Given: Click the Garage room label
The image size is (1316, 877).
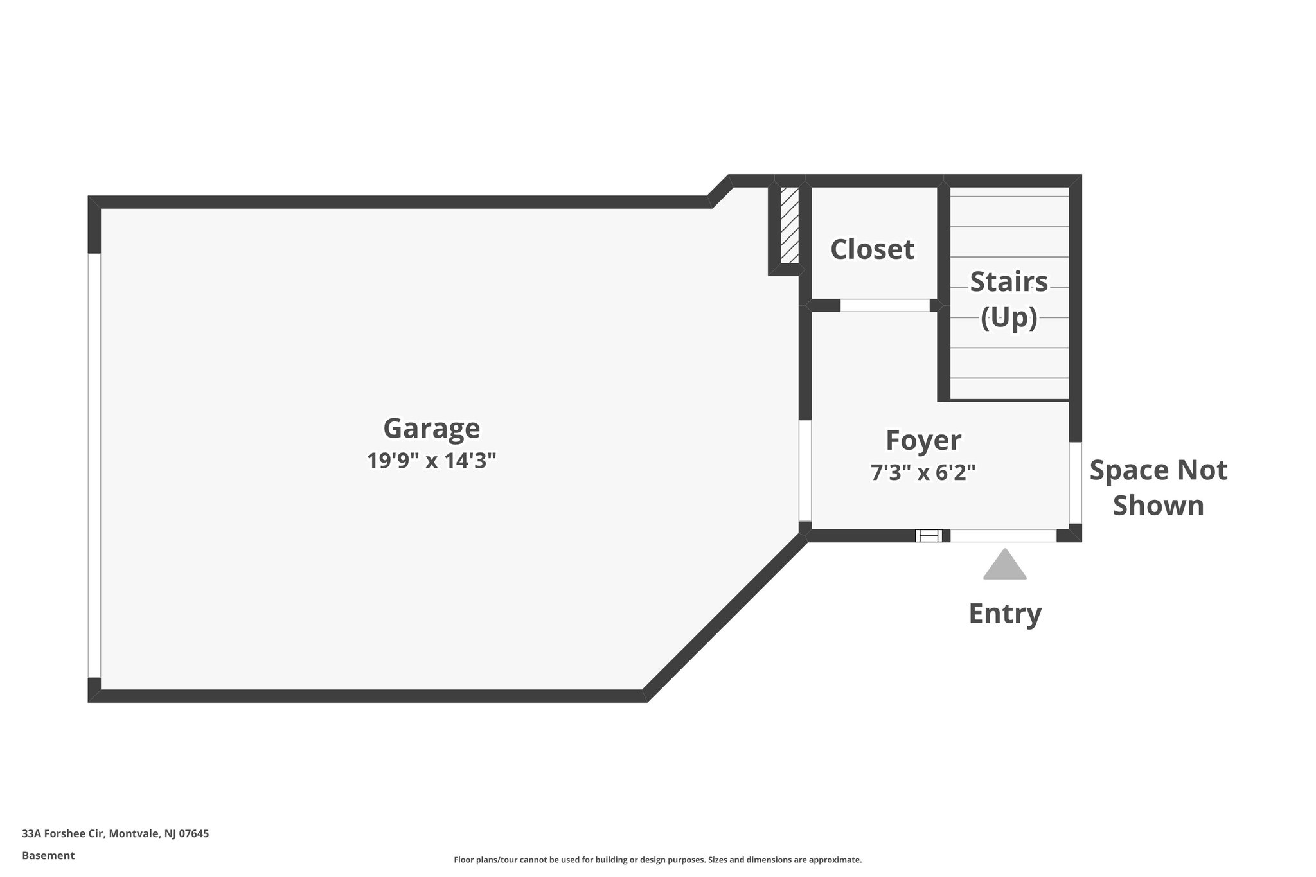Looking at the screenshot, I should (x=431, y=429).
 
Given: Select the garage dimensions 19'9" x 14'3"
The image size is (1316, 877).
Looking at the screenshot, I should (x=431, y=461).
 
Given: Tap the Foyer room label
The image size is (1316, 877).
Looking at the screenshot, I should (x=923, y=440).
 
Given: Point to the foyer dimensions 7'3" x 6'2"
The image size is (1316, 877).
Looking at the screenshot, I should (x=923, y=472).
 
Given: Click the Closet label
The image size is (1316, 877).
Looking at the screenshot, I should (x=872, y=249).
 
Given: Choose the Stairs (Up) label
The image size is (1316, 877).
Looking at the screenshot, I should (x=1008, y=299).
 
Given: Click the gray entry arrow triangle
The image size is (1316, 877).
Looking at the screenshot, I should (x=1004, y=565).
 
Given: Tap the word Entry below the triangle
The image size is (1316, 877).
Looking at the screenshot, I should (x=1004, y=613).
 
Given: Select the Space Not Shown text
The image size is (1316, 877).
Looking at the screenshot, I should (x=1158, y=488).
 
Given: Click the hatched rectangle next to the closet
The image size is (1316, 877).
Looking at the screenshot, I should (x=789, y=225).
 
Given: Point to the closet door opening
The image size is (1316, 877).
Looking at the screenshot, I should (x=885, y=306).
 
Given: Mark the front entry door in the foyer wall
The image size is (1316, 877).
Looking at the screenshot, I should (x=1003, y=535).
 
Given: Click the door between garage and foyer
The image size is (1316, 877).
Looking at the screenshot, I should (x=805, y=470).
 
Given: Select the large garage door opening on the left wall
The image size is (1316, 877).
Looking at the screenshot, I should (x=94, y=465).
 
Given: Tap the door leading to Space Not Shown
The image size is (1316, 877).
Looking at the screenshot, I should (x=1075, y=483).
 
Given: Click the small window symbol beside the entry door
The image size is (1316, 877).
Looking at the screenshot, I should (x=929, y=535).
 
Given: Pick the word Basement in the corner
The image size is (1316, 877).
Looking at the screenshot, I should (x=48, y=856).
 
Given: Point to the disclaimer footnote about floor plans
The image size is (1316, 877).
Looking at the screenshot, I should (x=657, y=860).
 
